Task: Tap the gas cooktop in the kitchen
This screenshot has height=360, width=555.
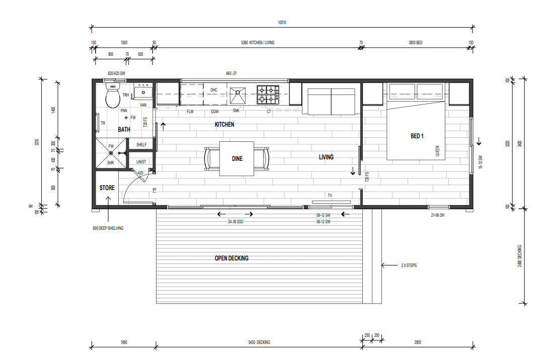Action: pos(268,95)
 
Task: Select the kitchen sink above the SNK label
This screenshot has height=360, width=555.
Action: pos(238,94)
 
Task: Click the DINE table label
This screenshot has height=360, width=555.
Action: pos(237,159)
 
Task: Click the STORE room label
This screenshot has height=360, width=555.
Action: pos(107,188)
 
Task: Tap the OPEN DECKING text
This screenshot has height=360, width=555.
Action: pos(231,258)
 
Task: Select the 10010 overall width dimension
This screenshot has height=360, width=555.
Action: pos(282,23)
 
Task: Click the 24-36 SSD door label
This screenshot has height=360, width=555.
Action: pos(235,221)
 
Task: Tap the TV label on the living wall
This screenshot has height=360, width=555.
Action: pos(330,196)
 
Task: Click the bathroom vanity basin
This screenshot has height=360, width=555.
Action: pos(143,93)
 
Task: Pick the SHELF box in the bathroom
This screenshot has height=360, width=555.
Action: pos(141,145)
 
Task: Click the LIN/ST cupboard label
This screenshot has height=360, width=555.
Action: pos(141,162)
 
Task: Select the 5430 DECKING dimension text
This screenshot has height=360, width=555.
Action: pos(259,342)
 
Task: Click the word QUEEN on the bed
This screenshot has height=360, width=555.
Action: pos(437,150)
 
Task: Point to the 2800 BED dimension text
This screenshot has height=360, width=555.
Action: pos(415,43)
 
